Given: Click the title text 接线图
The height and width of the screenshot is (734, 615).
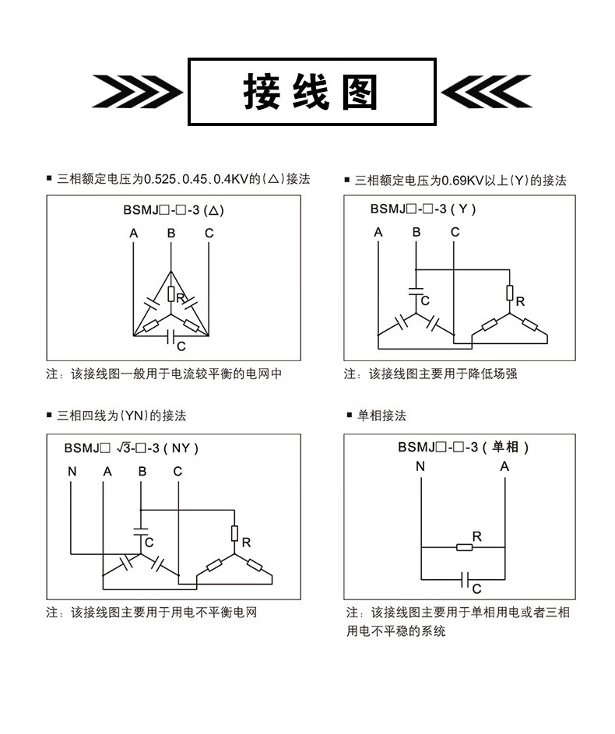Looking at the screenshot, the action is [x=311, y=92].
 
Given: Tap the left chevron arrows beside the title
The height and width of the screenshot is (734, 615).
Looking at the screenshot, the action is [x=137, y=91].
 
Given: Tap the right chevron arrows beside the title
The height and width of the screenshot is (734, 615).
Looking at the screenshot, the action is [x=487, y=91].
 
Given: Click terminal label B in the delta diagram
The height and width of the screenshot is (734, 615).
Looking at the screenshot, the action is [x=171, y=233].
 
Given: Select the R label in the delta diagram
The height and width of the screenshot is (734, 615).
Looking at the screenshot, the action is [x=181, y=298].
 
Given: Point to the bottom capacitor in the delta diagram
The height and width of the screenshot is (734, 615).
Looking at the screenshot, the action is [x=171, y=335].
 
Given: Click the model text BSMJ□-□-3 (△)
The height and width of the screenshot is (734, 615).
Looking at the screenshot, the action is [x=174, y=210].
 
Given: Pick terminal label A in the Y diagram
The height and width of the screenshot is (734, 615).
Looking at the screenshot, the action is [x=378, y=232].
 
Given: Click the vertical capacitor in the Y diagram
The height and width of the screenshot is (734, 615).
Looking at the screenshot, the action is [x=416, y=292].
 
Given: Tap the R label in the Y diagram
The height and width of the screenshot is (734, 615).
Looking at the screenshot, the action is [x=521, y=302].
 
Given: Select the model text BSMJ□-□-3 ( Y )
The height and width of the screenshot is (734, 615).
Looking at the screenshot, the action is [x=423, y=209].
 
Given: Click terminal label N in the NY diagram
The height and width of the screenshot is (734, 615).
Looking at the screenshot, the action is [x=72, y=472].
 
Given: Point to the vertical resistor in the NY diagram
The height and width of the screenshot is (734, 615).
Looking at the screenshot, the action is [x=234, y=533].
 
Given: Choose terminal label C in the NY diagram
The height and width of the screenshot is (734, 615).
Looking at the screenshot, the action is [x=177, y=472].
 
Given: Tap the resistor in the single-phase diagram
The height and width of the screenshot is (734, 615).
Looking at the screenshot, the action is [x=464, y=546].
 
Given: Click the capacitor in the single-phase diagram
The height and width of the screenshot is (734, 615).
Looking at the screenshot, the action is [x=465, y=580].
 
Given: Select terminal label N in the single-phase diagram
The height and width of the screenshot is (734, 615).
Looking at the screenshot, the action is [x=420, y=466].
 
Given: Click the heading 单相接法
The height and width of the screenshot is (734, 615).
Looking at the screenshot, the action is [x=382, y=416].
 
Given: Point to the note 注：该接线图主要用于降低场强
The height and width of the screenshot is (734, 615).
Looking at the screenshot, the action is [x=430, y=374].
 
